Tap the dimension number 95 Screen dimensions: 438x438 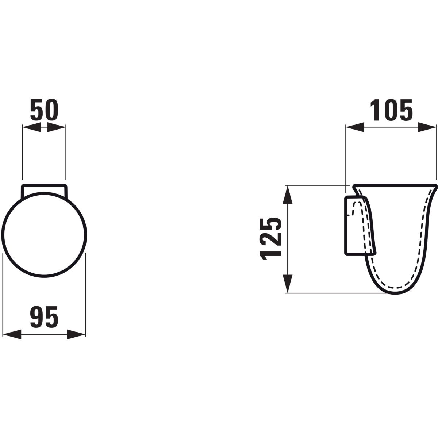44,317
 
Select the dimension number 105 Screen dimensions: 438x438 391,110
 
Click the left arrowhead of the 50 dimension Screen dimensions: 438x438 32,127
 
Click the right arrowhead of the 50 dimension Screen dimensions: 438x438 56,127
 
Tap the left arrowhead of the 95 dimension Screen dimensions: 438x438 12,335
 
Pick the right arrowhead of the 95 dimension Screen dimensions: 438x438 76,335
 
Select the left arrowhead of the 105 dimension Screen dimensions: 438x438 355,127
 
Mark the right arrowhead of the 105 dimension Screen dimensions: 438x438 427,127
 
